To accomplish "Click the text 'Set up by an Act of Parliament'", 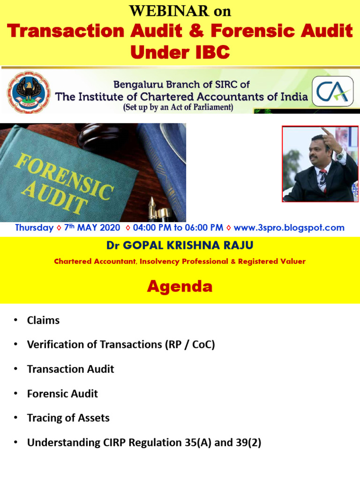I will (x=178, y=107).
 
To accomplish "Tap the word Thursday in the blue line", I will (x=34, y=228).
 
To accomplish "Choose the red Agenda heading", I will (x=180, y=286).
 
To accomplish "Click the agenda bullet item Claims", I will (x=43, y=321).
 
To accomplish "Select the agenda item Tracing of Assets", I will (x=68, y=418).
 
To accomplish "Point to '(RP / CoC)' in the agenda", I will (x=189, y=345).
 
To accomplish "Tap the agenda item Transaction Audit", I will (x=70, y=369).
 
